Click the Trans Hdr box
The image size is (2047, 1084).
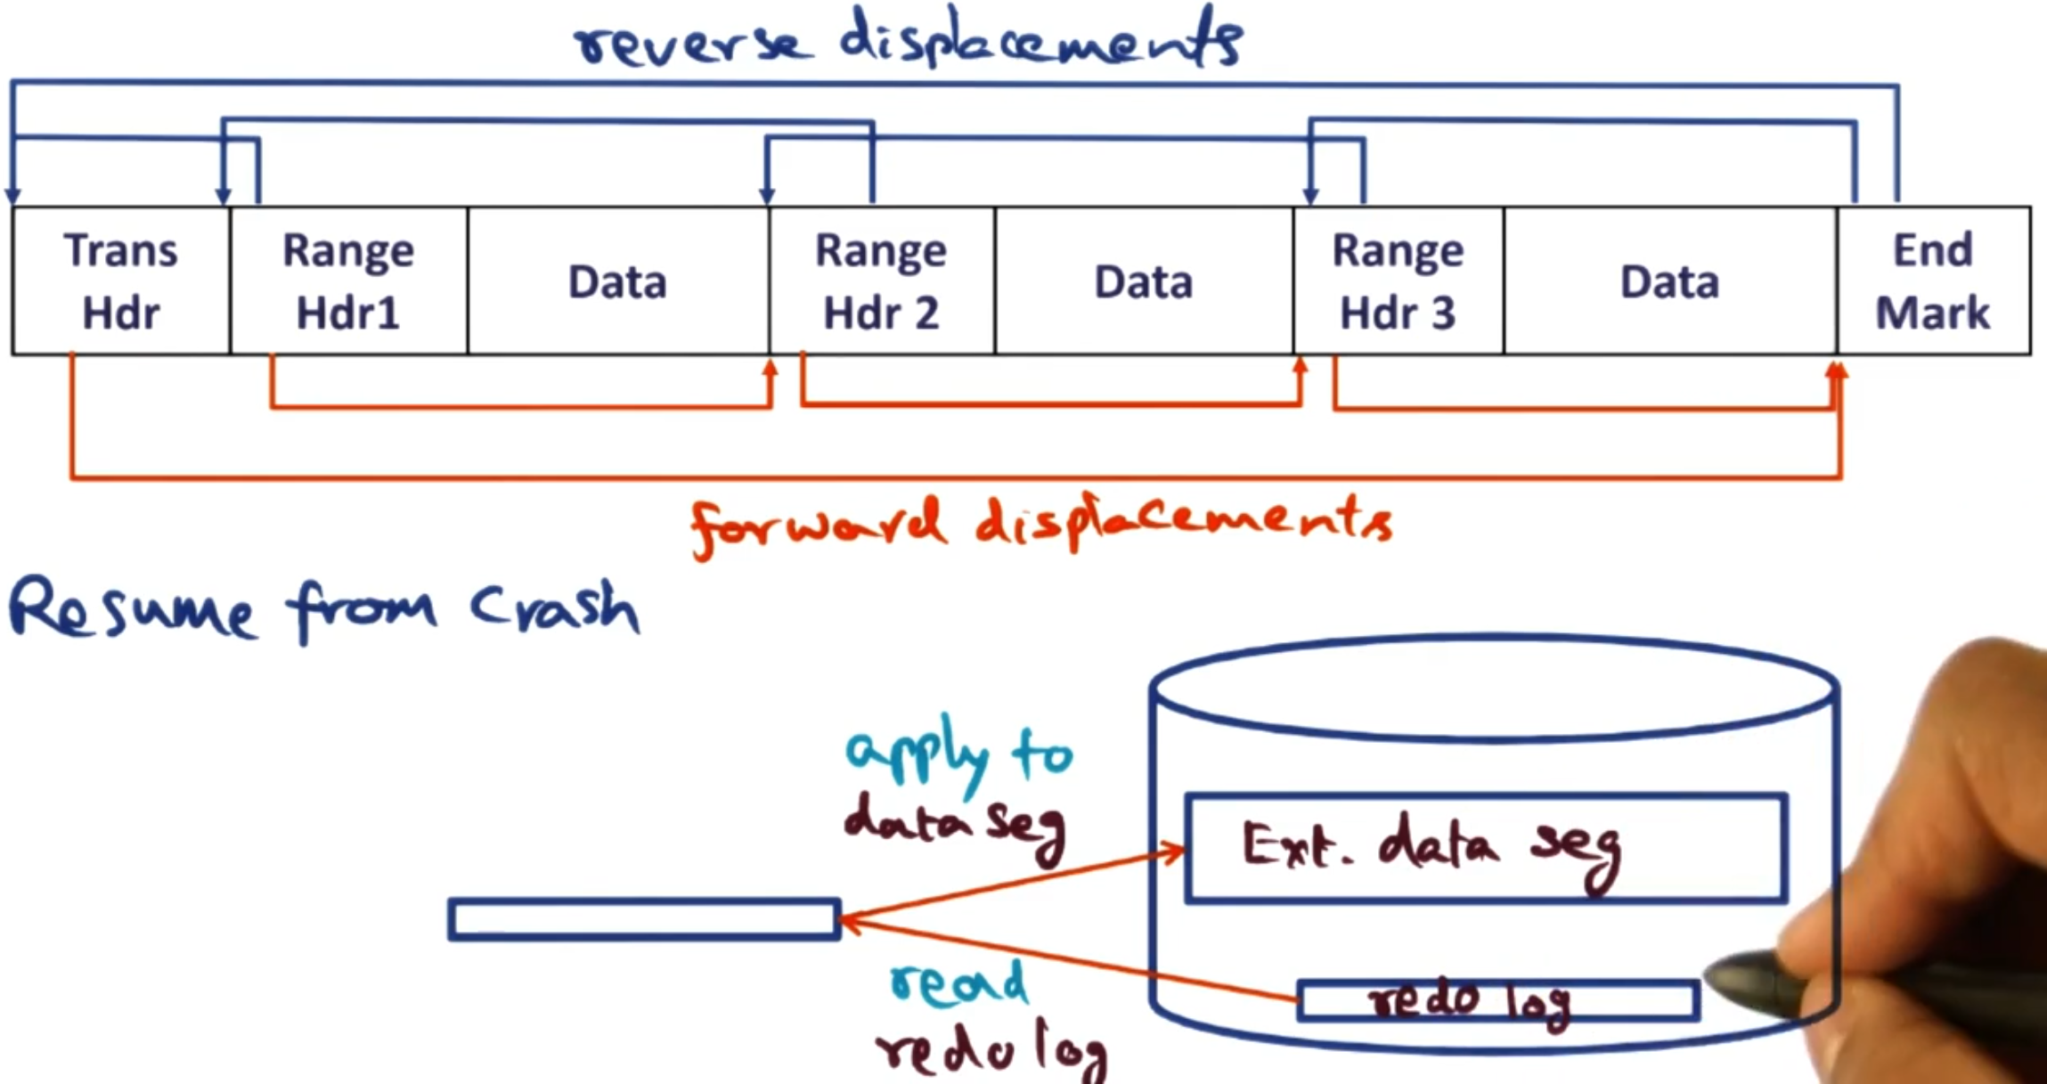(x=120, y=281)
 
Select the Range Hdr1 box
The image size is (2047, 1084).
(x=348, y=281)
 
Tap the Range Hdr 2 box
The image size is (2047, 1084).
(x=881, y=281)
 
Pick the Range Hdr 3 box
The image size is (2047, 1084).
(x=1398, y=281)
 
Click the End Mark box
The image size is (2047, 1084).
(x=1933, y=281)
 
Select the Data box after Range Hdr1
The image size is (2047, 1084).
(x=617, y=281)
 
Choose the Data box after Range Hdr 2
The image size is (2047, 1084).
(x=1143, y=281)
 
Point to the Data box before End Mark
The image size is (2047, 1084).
(x=1669, y=281)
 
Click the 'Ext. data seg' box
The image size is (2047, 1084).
(x=1485, y=848)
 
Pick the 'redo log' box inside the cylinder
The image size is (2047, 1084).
(x=1497, y=1000)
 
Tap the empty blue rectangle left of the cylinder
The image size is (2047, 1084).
(x=644, y=919)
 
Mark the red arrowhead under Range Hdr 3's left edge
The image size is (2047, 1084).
(x=1301, y=366)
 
